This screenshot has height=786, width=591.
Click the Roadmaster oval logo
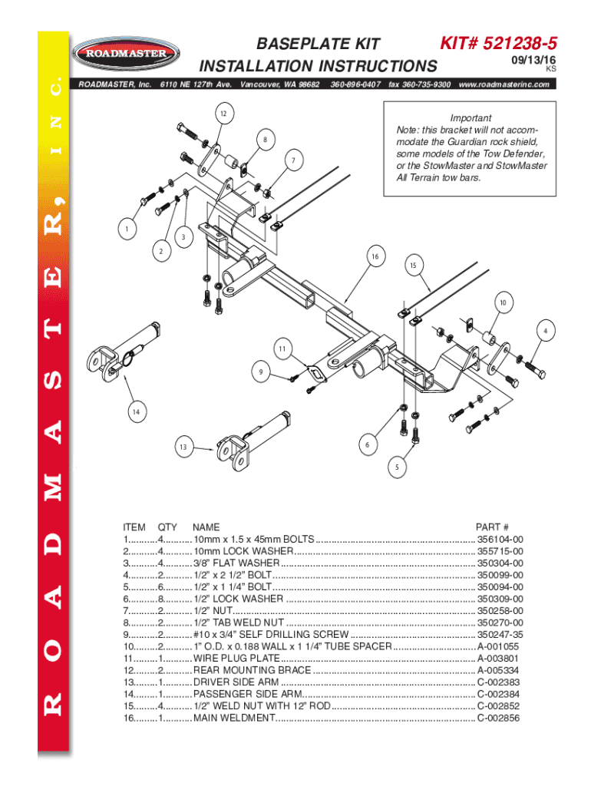(x=126, y=53)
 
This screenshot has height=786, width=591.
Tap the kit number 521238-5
(x=520, y=44)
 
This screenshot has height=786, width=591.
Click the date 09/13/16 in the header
(x=533, y=60)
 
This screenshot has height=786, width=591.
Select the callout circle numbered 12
(x=223, y=114)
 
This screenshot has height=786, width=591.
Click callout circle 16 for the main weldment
(x=375, y=256)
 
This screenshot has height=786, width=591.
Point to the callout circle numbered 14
(x=137, y=411)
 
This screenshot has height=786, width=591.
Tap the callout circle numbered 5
(x=397, y=467)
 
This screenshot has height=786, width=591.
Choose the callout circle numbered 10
(x=503, y=302)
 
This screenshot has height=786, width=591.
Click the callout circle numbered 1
(x=127, y=229)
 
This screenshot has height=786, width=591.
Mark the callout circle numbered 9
(x=261, y=372)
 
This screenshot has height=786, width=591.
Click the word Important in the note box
(x=470, y=117)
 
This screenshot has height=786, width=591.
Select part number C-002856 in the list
(x=498, y=718)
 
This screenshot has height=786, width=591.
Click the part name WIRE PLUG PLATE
(x=236, y=658)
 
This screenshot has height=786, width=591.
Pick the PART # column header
(x=492, y=527)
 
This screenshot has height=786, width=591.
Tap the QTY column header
(x=167, y=527)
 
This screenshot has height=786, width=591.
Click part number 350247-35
(x=500, y=635)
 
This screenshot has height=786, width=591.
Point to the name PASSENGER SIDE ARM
(x=248, y=694)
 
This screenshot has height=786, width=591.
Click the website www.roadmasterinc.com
(x=504, y=84)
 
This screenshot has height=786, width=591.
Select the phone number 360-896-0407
(x=355, y=84)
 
